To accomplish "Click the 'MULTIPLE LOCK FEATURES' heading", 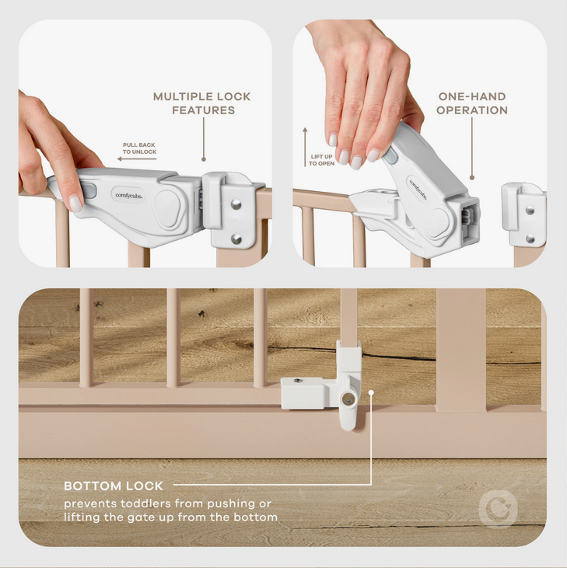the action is [x=202, y=103].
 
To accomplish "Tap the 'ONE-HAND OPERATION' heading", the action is [x=472, y=103].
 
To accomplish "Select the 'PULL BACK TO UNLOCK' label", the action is [x=139, y=148].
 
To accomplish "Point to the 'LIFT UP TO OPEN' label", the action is [x=321, y=160].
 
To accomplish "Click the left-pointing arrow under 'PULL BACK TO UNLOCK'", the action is [x=137, y=159].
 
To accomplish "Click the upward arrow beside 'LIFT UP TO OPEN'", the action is [x=305, y=147].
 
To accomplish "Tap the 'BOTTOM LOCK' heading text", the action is [x=114, y=486].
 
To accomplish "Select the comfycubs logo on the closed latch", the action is [x=128, y=195].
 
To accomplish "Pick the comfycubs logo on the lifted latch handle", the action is [x=418, y=189].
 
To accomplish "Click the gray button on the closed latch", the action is [x=90, y=190].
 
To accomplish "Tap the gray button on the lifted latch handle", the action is [x=390, y=155].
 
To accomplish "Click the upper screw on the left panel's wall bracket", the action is [x=236, y=204].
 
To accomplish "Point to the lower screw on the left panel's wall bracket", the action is [x=236, y=239].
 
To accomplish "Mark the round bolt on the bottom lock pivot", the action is [x=348, y=399].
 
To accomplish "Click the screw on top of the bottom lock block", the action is [x=298, y=381].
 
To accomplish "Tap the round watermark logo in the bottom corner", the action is [x=498, y=509].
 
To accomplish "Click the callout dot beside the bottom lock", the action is [x=371, y=392].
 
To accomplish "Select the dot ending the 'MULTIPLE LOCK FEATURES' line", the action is [x=204, y=159].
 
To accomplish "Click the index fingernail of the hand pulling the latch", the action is [x=75, y=204].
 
